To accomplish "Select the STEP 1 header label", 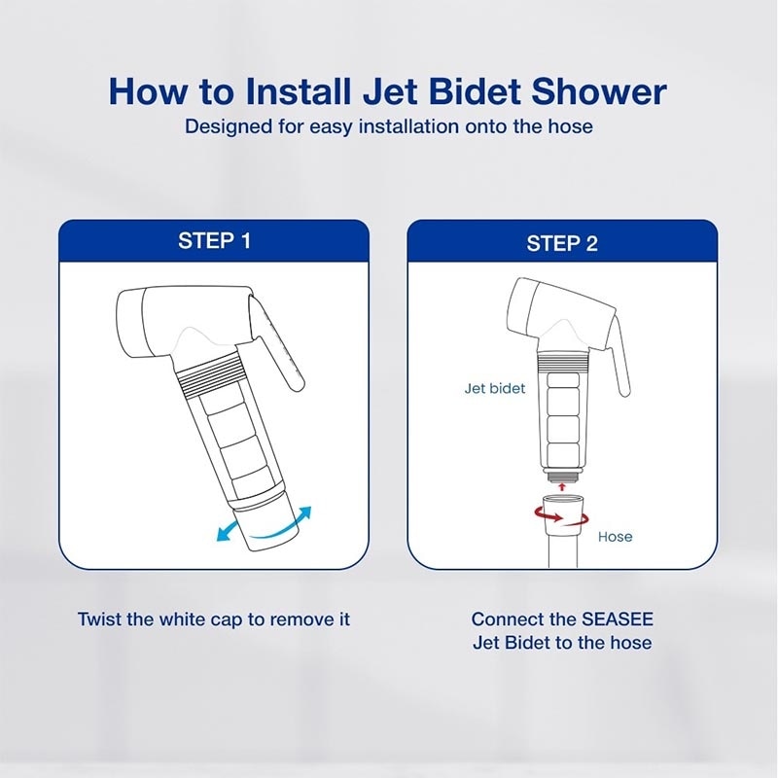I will (214, 241).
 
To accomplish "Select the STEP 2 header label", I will (562, 243).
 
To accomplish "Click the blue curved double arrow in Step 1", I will (265, 522).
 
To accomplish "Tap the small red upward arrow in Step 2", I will (562, 485).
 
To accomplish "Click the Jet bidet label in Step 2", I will (494, 388).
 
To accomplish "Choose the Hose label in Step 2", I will (615, 536).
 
